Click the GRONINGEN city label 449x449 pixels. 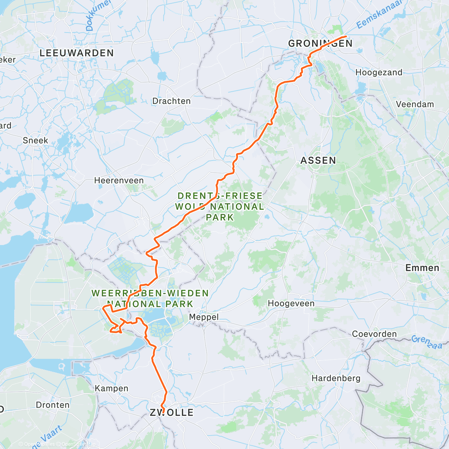[320, 43]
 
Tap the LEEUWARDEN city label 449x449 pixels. [76, 53]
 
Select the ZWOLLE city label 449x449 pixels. [172, 413]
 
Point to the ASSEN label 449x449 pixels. [318, 161]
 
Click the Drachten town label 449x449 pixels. [171, 101]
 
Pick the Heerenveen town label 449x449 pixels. [119, 181]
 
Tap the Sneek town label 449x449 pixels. [36, 140]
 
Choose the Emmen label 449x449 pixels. [422, 268]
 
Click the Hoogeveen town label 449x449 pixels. [291, 303]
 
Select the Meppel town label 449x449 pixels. [204, 317]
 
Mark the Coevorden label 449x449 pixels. [374, 334]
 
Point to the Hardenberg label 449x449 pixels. [336, 378]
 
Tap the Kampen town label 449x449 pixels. [112, 388]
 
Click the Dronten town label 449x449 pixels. [53, 405]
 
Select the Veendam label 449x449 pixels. [415, 104]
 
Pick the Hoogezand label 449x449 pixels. [379, 73]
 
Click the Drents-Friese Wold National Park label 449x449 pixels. [220, 207]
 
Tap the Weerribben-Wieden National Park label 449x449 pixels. [150, 298]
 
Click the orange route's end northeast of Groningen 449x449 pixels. [346, 36]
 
